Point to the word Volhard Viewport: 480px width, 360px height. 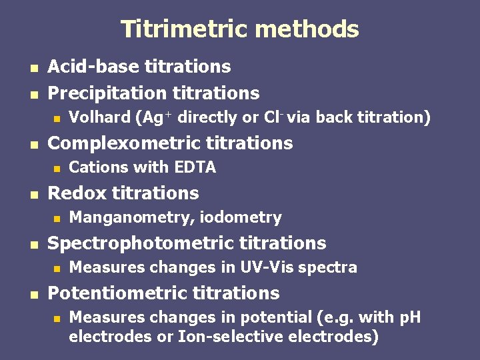[x=100, y=118]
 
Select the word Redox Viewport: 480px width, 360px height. [x=77, y=193]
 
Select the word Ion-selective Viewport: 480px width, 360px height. [x=231, y=337]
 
